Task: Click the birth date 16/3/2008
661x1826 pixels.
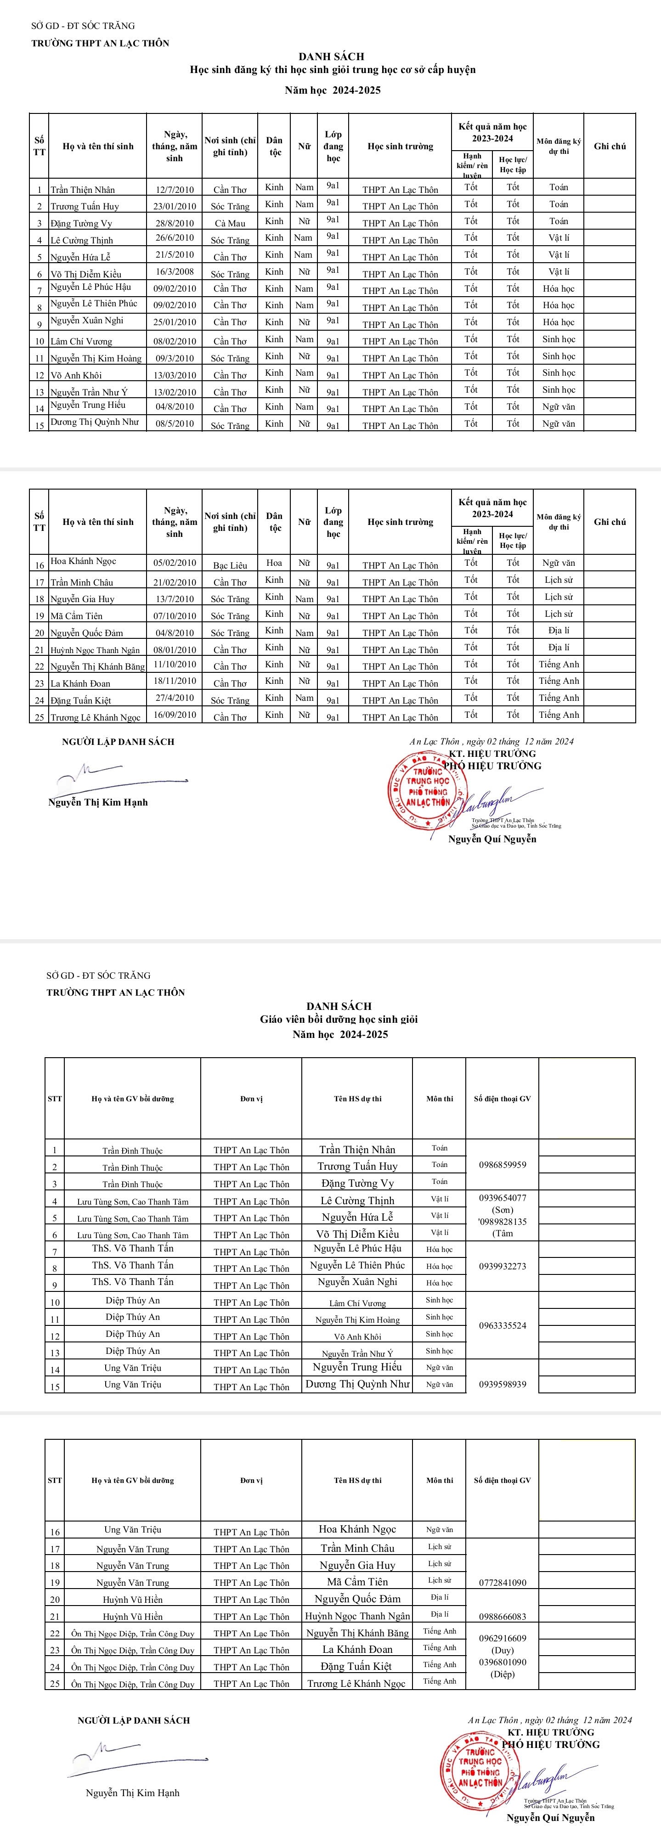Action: (x=174, y=272)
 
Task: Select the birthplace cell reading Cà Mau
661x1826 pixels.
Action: (x=230, y=223)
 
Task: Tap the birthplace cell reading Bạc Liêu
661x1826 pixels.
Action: (x=230, y=565)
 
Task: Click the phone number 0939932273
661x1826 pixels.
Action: (x=502, y=1266)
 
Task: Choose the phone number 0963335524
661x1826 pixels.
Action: (x=502, y=1325)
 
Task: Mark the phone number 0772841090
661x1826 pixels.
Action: (x=502, y=1582)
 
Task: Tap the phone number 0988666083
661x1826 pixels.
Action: (x=502, y=1616)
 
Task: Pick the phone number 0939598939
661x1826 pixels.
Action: (x=502, y=1384)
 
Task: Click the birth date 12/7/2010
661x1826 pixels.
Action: (x=174, y=189)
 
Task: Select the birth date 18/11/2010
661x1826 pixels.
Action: (x=174, y=681)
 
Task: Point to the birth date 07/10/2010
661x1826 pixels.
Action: (x=174, y=614)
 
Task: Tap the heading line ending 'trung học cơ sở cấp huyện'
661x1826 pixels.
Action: (x=333, y=69)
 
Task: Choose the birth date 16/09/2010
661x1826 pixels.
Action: (x=174, y=715)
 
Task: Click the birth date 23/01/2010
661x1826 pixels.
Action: (x=174, y=206)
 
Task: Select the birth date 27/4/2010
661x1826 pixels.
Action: (x=174, y=698)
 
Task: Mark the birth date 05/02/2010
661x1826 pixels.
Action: (x=174, y=563)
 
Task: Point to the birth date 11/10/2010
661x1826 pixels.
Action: (x=174, y=664)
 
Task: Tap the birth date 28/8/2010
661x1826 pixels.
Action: (x=174, y=223)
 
